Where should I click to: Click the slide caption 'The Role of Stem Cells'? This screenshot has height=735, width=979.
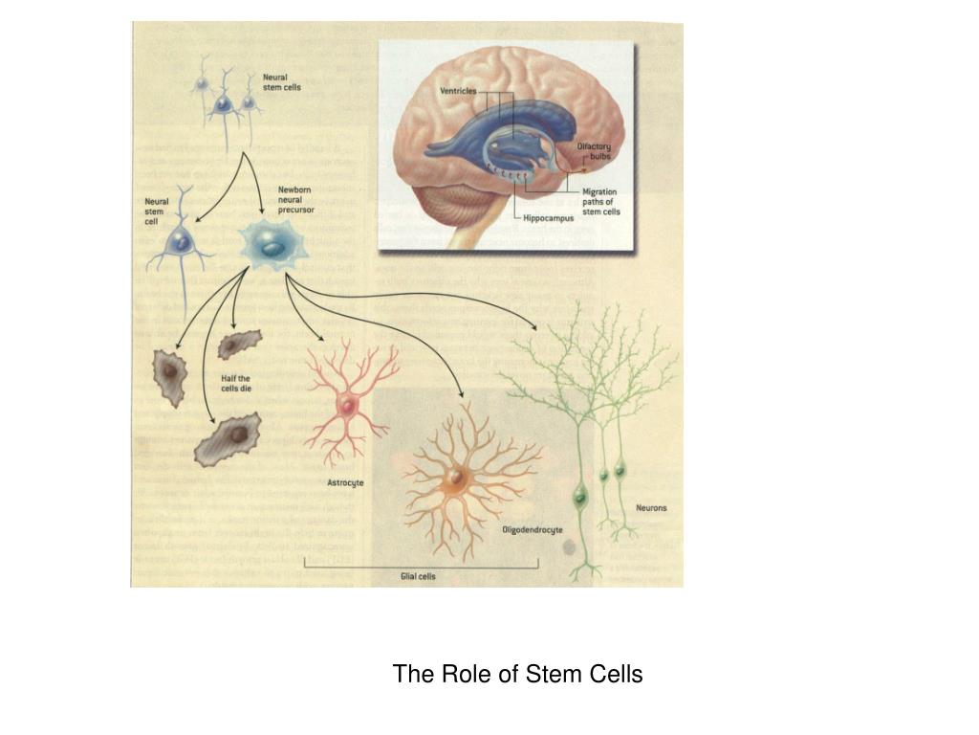(x=517, y=675)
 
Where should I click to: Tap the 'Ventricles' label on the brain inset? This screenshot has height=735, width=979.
(x=457, y=92)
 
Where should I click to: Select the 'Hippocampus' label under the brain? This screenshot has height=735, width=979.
(x=548, y=218)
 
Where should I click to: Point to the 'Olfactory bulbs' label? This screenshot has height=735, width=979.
(x=594, y=151)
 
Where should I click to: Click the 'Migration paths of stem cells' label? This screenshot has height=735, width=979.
(x=600, y=202)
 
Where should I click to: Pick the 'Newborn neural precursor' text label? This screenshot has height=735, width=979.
(x=295, y=199)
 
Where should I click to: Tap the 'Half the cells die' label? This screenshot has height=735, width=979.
(x=235, y=385)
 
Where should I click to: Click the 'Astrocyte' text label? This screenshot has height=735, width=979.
(x=345, y=483)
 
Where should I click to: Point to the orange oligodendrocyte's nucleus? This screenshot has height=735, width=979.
(x=457, y=476)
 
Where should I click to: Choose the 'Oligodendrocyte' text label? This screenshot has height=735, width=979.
(x=533, y=529)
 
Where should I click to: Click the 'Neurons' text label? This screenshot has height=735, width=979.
(x=652, y=508)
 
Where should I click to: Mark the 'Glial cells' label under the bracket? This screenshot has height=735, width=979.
(x=418, y=576)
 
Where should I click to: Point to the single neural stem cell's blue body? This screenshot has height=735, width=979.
(x=178, y=243)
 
